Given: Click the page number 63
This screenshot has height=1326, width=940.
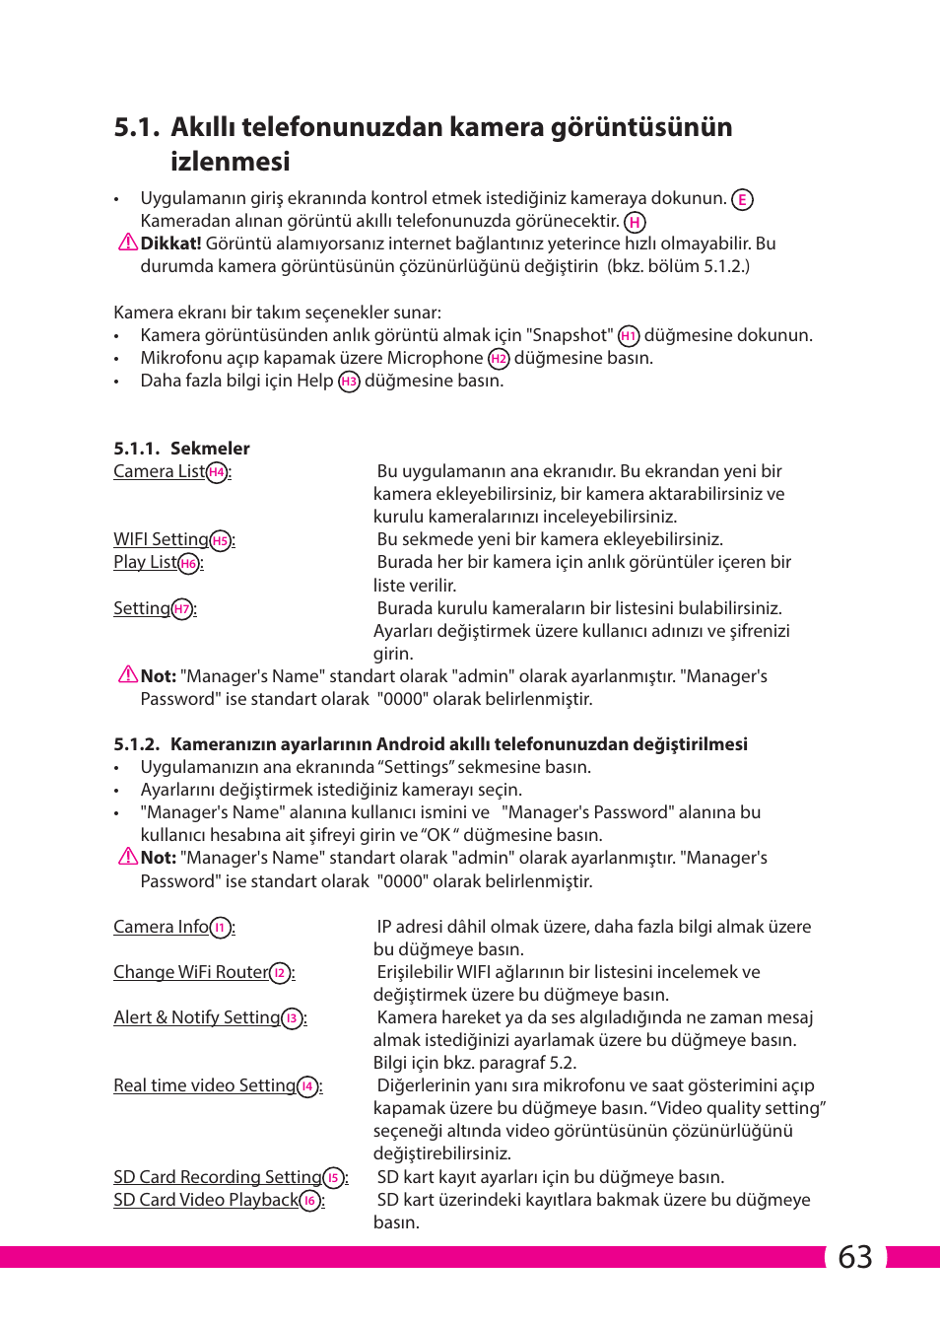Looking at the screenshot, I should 854,1257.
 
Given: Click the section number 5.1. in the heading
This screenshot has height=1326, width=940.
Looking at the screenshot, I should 136,127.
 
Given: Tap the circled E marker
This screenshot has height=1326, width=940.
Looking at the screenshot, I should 742,199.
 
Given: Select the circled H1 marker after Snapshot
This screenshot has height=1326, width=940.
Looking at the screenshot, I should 629,336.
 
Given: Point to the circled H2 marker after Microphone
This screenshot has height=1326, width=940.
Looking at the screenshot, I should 499,359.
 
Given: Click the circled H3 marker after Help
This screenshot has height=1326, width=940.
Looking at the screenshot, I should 349,382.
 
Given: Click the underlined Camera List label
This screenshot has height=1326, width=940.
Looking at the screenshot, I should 159,471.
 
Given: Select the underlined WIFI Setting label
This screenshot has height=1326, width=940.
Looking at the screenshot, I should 161,539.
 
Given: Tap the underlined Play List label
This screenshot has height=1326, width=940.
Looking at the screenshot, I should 145,562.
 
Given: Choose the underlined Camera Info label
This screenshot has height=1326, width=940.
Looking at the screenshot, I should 161,927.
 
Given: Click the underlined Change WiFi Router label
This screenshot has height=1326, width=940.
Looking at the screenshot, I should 190,972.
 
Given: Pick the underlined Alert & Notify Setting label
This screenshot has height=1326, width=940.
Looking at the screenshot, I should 196,1017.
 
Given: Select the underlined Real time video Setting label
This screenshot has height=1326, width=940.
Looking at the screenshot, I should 204,1085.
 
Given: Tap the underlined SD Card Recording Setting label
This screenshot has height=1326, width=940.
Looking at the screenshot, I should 217,1177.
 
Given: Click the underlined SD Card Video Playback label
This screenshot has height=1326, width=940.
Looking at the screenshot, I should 205,1200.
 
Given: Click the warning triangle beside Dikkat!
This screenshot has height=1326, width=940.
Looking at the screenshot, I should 127,243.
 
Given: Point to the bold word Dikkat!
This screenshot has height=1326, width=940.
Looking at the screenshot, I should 170,244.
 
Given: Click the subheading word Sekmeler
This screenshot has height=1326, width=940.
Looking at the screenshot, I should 210,449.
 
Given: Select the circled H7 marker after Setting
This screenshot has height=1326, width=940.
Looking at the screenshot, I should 181,609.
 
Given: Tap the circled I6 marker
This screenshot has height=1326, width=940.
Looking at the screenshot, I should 310,1201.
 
